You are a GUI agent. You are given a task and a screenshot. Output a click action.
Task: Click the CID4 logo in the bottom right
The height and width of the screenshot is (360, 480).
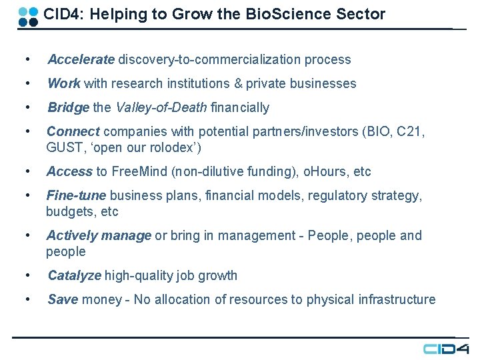(446, 349)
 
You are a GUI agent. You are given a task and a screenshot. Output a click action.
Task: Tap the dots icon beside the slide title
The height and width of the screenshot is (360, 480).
(28, 16)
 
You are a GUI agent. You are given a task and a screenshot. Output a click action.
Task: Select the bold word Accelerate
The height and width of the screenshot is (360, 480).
(81, 59)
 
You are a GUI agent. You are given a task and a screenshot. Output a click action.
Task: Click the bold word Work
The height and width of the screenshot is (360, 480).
(64, 83)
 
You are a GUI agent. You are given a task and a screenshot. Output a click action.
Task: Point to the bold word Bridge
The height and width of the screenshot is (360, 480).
(69, 107)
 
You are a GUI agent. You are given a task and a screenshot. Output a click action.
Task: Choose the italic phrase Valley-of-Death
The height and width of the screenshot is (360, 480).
(161, 107)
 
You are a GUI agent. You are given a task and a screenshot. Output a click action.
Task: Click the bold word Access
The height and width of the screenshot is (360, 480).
(69, 171)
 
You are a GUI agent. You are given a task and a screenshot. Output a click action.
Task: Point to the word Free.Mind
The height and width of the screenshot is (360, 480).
(139, 171)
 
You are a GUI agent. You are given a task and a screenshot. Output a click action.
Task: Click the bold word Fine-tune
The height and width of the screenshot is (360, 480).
(76, 195)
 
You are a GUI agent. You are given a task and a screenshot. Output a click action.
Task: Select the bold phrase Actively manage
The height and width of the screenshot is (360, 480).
(99, 235)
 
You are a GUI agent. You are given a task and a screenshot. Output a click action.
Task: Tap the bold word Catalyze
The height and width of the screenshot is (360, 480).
(75, 275)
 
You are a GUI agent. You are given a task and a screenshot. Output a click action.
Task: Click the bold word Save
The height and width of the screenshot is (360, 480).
(63, 299)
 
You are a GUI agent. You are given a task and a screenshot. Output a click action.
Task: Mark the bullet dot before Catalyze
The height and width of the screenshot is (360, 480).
(27, 275)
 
